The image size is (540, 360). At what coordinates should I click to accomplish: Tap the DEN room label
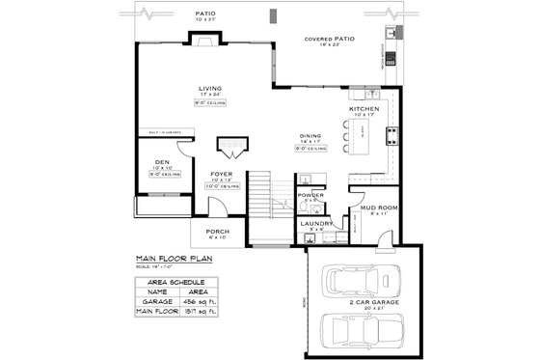(x=162, y=161)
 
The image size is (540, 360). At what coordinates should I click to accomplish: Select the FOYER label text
(x=221, y=174)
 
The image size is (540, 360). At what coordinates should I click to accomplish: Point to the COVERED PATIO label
(x=330, y=40)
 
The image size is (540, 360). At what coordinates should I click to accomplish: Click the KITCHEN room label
(x=364, y=109)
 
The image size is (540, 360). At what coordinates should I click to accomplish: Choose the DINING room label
(x=310, y=136)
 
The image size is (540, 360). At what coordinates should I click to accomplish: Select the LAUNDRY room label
(x=314, y=223)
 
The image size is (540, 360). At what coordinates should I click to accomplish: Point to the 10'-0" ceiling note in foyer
(x=224, y=185)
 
